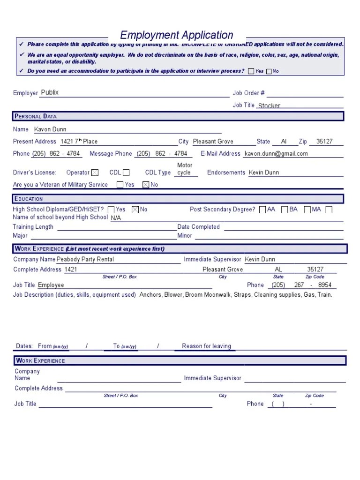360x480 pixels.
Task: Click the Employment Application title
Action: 177,35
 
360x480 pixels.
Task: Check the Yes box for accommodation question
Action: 251,71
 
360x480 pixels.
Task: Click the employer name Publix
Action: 50,93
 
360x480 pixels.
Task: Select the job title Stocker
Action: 269,106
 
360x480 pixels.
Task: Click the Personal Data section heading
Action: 36,116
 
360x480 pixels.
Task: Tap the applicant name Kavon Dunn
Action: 51,129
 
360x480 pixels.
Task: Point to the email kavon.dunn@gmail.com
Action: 277,154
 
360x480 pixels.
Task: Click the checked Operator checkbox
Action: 95,173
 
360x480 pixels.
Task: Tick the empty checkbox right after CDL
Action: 126,173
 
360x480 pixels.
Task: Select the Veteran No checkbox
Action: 146,185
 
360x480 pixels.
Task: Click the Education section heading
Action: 29,199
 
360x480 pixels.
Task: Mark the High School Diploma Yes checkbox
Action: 111,210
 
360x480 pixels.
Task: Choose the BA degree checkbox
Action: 285,210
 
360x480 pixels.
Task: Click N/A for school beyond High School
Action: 116,218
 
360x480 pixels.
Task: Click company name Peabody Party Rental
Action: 85,259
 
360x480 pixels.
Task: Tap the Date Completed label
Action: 198,227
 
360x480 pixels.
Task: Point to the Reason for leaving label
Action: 206,346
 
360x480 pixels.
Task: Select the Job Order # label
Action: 249,93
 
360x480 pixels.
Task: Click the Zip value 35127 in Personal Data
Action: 324,142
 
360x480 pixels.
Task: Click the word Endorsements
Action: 226,172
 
